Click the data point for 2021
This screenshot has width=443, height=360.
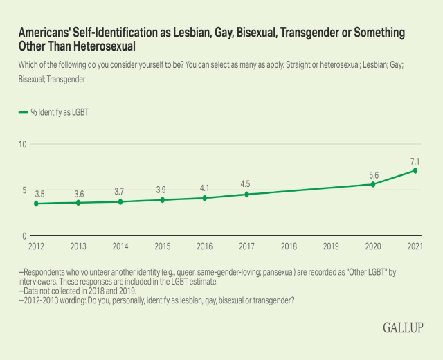tap(415, 170)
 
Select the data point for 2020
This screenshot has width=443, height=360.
tap(373, 184)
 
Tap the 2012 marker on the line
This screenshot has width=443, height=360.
tap(36, 204)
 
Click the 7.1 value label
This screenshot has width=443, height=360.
tap(415, 161)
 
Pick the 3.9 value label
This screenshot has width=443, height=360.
tap(162, 190)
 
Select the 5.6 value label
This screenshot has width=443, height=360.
tap(373, 174)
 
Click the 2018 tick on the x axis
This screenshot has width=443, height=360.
tap(289, 246)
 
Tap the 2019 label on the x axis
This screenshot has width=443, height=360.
tap(331, 246)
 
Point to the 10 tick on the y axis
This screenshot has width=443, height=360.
tap(23, 144)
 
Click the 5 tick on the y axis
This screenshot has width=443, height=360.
tap(24, 190)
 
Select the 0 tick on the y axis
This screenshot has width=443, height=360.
tap(24, 236)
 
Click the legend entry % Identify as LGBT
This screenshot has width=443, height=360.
tap(53, 112)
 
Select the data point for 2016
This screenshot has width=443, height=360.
tap(204, 198)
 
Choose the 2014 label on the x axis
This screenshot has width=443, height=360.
tap(120, 246)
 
